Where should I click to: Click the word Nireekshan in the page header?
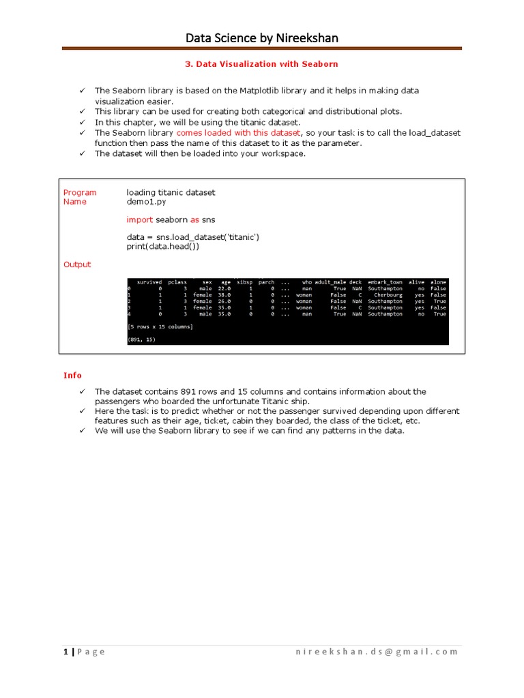pyautogui.click(x=306, y=38)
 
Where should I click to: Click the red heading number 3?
pyautogui.click(x=188, y=64)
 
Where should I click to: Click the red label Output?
pyautogui.click(x=77, y=264)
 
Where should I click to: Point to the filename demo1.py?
pyautogui.click(x=145, y=202)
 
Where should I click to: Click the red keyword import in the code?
pyautogui.click(x=140, y=219)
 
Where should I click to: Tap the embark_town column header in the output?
pyautogui.click(x=385, y=282)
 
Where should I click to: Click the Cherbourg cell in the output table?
pyautogui.click(x=388, y=295)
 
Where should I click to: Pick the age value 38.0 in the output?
pyautogui.click(x=224, y=295)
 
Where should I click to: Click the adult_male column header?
pyautogui.click(x=330, y=282)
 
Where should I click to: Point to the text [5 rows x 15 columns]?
pyautogui.click(x=160, y=327)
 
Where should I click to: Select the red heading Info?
pyautogui.click(x=72, y=376)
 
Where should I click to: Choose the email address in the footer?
pyautogui.click(x=377, y=652)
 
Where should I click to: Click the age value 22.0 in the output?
pyautogui.click(x=224, y=289)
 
